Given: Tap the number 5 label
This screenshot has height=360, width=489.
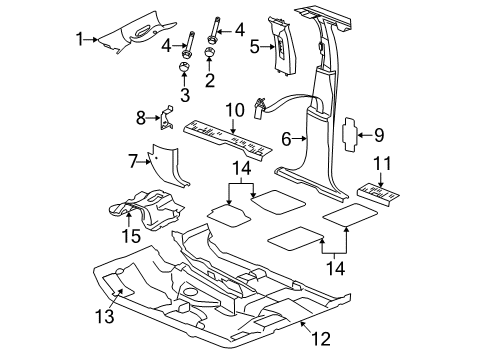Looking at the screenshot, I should (x=254, y=45).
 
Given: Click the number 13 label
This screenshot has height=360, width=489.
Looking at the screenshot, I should (x=105, y=318).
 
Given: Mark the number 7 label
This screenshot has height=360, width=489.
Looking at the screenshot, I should (x=132, y=160).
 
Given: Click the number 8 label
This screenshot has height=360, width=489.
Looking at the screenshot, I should (x=141, y=117).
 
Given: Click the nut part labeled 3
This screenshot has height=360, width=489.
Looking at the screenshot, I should (x=185, y=67).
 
